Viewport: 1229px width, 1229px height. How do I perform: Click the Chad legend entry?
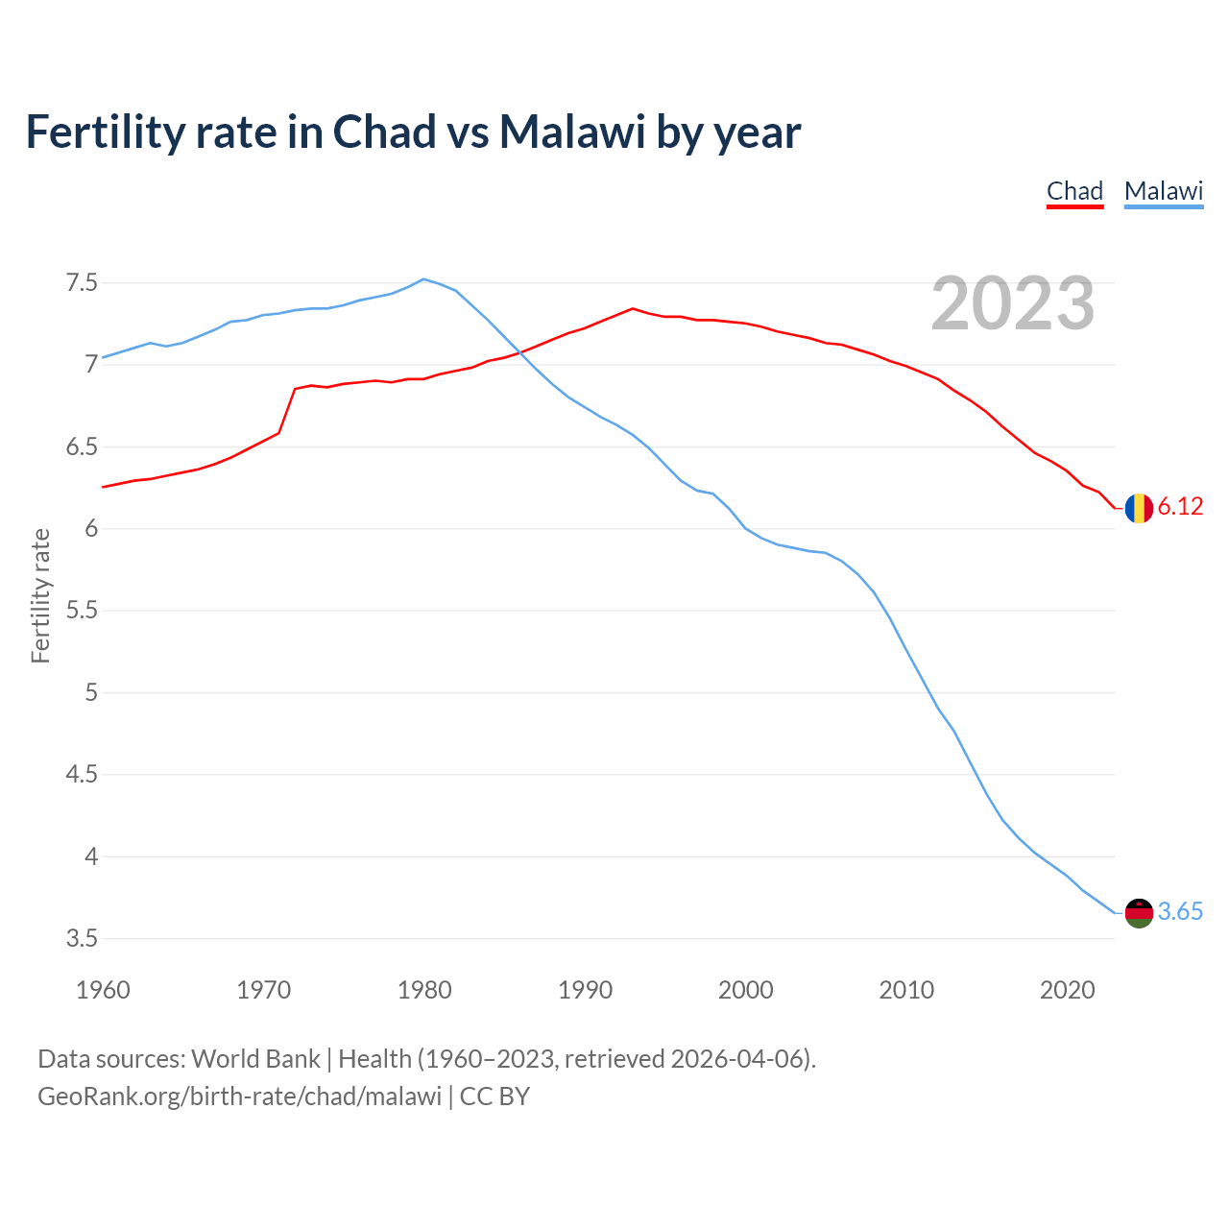pyautogui.click(x=1074, y=191)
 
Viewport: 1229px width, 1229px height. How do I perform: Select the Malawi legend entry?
pyautogui.click(x=1164, y=191)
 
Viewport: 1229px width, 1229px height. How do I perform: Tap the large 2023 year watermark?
pyautogui.click(x=1013, y=303)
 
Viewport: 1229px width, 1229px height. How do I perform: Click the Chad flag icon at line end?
pyautogui.click(x=1139, y=507)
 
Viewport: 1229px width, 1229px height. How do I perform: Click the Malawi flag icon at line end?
pyautogui.click(x=1139, y=912)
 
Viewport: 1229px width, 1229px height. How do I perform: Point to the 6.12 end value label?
pyautogui.click(x=1180, y=507)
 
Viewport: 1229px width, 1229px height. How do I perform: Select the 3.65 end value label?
pyautogui.click(x=1180, y=912)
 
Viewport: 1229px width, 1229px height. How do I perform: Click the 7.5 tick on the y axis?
pyautogui.click(x=82, y=283)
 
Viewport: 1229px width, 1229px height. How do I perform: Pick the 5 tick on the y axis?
pyautogui.click(x=91, y=692)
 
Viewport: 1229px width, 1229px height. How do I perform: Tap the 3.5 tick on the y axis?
pyautogui.click(x=82, y=938)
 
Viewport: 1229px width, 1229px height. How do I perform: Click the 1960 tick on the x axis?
pyautogui.click(x=103, y=990)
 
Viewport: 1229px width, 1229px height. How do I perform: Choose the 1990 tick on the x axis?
pyautogui.click(x=585, y=990)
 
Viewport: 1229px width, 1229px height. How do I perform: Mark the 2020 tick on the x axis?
pyautogui.click(x=1067, y=990)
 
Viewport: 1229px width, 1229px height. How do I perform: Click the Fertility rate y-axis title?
pyautogui.click(x=40, y=595)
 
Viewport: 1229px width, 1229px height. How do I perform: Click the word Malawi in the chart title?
pyautogui.click(x=572, y=133)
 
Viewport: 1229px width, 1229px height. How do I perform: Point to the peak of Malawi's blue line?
pyautogui.click(x=423, y=279)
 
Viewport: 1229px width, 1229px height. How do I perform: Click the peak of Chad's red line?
pyautogui.click(x=632, y=308)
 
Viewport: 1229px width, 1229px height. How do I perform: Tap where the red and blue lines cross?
pyautogui.click(x=519, y=353)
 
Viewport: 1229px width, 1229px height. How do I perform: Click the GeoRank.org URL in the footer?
pyautogui.click(x=239, y=1096)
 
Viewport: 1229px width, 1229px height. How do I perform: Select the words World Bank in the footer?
pyautogui.click(x=255, y=1059)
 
